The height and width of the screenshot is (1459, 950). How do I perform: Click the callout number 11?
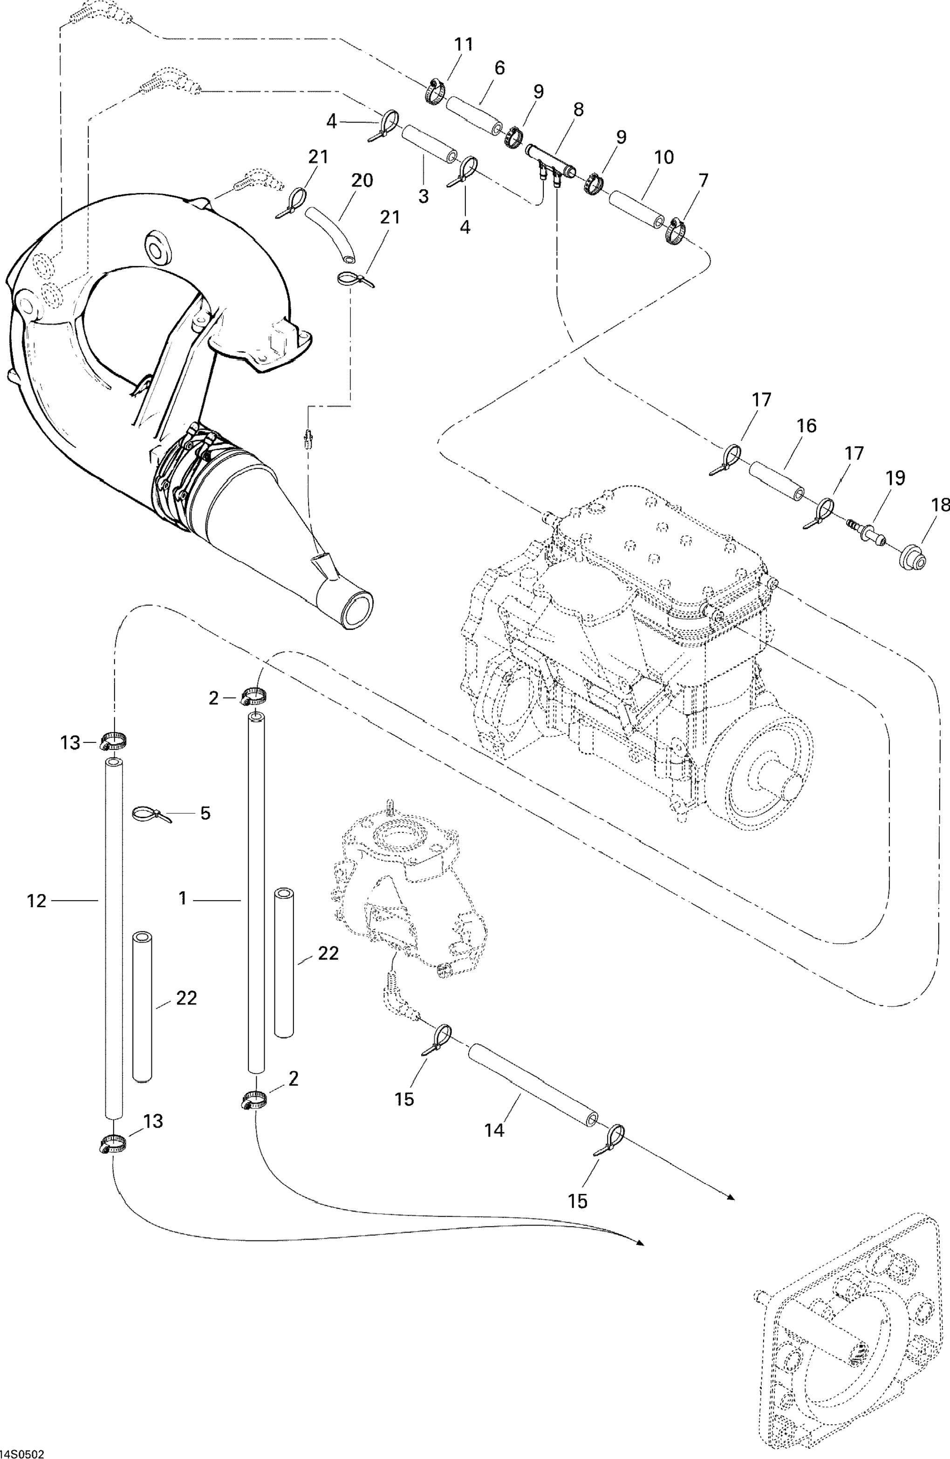464,45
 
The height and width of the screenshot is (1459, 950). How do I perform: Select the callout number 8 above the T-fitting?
578,110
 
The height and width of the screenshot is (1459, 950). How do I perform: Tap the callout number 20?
362,180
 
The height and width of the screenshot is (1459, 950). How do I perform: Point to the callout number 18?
940,505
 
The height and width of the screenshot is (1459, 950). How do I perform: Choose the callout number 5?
205,814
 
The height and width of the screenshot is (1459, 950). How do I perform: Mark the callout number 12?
37,901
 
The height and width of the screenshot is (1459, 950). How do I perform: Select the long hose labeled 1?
256,895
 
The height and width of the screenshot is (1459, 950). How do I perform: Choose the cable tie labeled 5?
147,814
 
